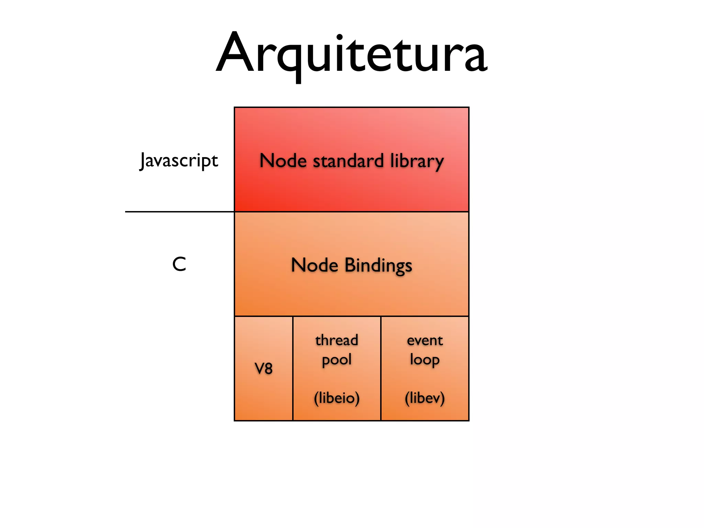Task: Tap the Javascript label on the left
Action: pyautogui.click(x=179, y=161)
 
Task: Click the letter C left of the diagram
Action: pyautogui.click(x=179, y=264)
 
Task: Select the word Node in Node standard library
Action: pyautogui.click(x=283, y=161)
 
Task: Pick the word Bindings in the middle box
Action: pyautogui.click(x=378, y=265)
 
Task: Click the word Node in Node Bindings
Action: pyautogui.click(x=314, y=265)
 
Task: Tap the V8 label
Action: pyautogui.click(x=263, y=368)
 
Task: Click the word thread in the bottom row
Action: pyautogui.click(x=337, y=340)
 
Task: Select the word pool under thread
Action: pyautogui.click(x=337, y=360)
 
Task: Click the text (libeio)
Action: pyautogui.click(x=337, y=398)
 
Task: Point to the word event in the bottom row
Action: pyautogui.click(x=425, y=340)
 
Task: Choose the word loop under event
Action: pyautogui.click(x=425, y=360)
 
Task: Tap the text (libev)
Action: pyautogui.click(x=425, y=398)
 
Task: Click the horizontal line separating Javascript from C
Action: pyautogui.click(x=179, y=212)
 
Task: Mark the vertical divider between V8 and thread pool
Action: pyautogui.click(x=293, y=368)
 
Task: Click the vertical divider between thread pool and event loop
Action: pyautogui.click(x=381, y=368)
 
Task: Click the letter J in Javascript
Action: pyautogui.click(x=143, y=161)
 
